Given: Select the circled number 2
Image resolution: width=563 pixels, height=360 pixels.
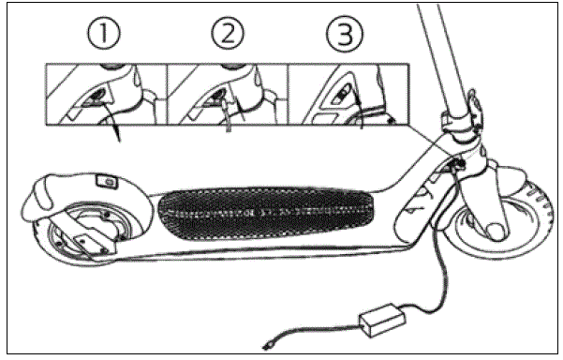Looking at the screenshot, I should [x=227, y=37].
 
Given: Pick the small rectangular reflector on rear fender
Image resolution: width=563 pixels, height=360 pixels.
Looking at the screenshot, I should [x=105, y=180].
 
